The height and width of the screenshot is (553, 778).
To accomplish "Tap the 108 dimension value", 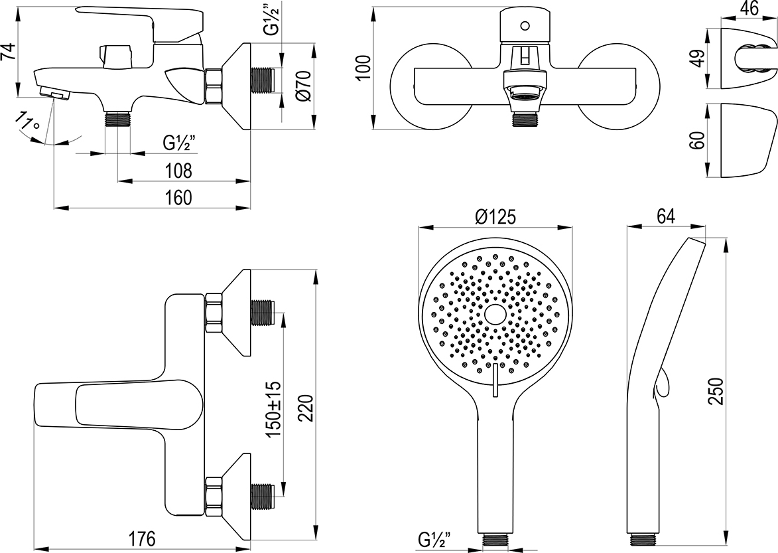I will [178, 171].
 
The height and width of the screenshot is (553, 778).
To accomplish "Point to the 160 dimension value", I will [178, 197].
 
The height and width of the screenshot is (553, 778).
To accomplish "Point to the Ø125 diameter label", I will [495, 216].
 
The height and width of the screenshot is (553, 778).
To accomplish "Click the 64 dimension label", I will [665, 216].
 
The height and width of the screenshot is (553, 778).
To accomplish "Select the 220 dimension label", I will [304, 408].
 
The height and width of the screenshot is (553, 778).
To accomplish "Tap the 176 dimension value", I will [141, 539].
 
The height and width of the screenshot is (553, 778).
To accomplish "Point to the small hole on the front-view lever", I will [525, 27].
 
